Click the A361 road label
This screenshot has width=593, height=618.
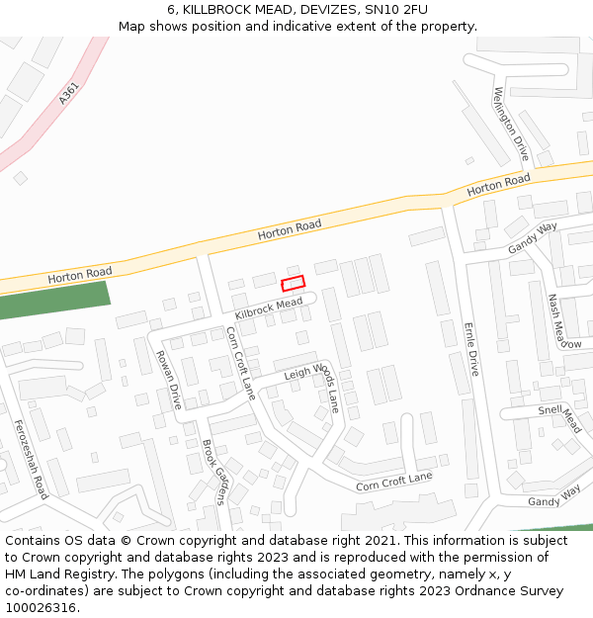67,94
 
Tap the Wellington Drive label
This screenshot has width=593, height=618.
511,124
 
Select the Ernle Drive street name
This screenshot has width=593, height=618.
471,349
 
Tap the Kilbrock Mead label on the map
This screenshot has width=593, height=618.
268,309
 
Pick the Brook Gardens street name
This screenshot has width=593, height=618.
214,472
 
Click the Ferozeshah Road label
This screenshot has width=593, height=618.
31,459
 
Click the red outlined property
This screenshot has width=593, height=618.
293,284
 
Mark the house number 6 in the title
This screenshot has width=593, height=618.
171,9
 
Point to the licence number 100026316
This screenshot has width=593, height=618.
42,607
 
